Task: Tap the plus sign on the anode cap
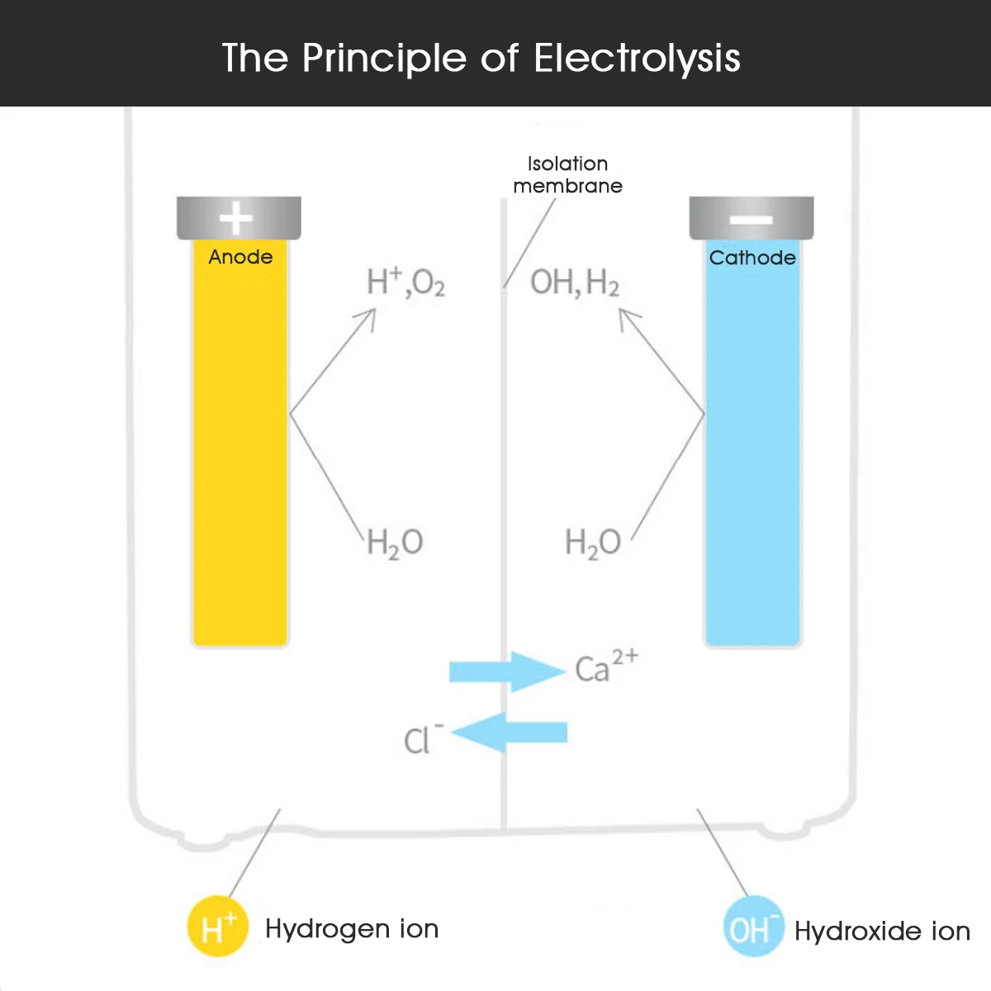coord(236,219)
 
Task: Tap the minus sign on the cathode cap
coord(752,220)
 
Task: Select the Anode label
coord(240,257)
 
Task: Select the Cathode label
coord(752,258)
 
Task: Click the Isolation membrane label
coord(567,174)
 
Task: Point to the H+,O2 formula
coord(405,282)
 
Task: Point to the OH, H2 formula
coord(575,282)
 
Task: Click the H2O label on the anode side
coord(395,543)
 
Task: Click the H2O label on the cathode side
coord(593,543)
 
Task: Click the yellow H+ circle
coord(218,927)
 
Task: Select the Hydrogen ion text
coord(352,929)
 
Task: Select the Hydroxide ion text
coord(882,932)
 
